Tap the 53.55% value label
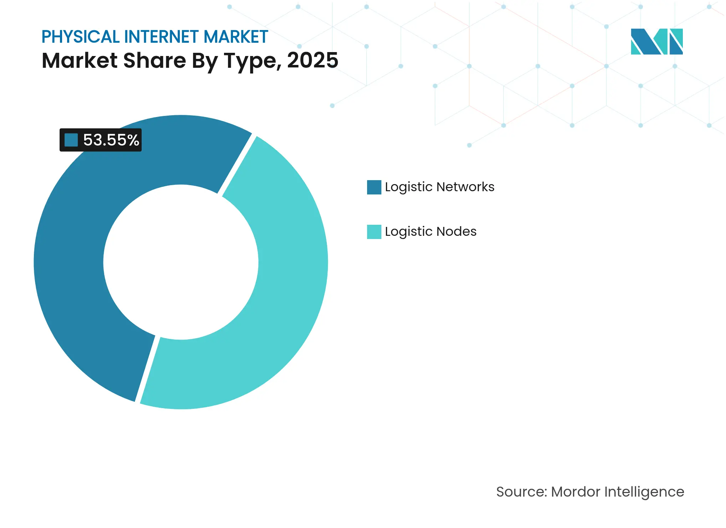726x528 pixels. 111,140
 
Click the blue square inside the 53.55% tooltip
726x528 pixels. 71,140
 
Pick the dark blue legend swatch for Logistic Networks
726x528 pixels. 374,187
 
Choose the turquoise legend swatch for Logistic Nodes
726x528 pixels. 374,232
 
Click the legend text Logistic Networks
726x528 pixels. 440,187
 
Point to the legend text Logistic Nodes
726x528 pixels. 431,232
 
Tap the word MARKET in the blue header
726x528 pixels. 235,37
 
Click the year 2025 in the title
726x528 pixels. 313,60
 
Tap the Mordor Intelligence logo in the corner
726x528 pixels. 656,42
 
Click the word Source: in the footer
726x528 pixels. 521,492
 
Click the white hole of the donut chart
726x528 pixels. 181,262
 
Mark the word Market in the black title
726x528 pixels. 80,60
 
